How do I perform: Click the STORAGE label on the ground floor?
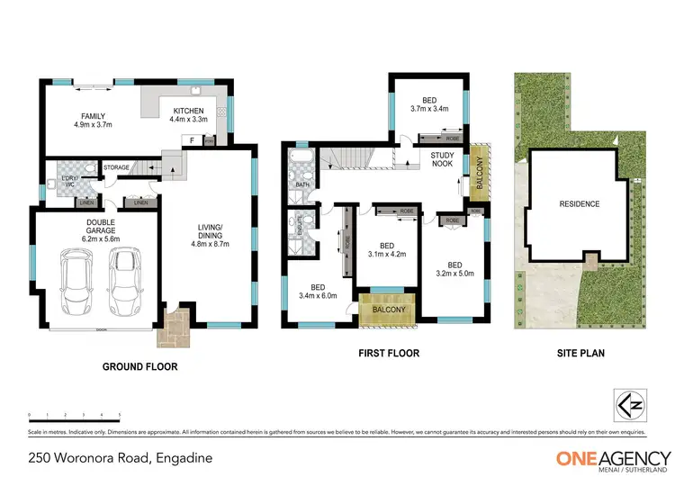click(116, 166)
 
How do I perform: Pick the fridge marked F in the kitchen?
click(192, 140)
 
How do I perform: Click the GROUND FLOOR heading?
click(139, 366)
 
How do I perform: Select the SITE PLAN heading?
click(580, 354)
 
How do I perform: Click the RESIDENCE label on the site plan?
click(580, 204)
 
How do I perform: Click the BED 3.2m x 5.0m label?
click(454, 269)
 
